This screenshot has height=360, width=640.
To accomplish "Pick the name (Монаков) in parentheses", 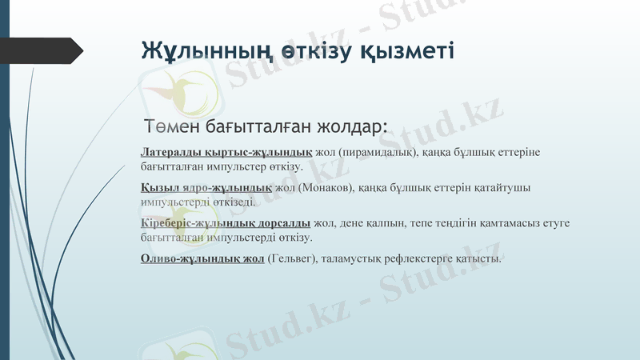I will [326, 187].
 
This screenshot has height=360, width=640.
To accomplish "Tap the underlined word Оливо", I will [157, 258].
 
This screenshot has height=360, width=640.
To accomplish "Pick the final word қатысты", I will [481, 258].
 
